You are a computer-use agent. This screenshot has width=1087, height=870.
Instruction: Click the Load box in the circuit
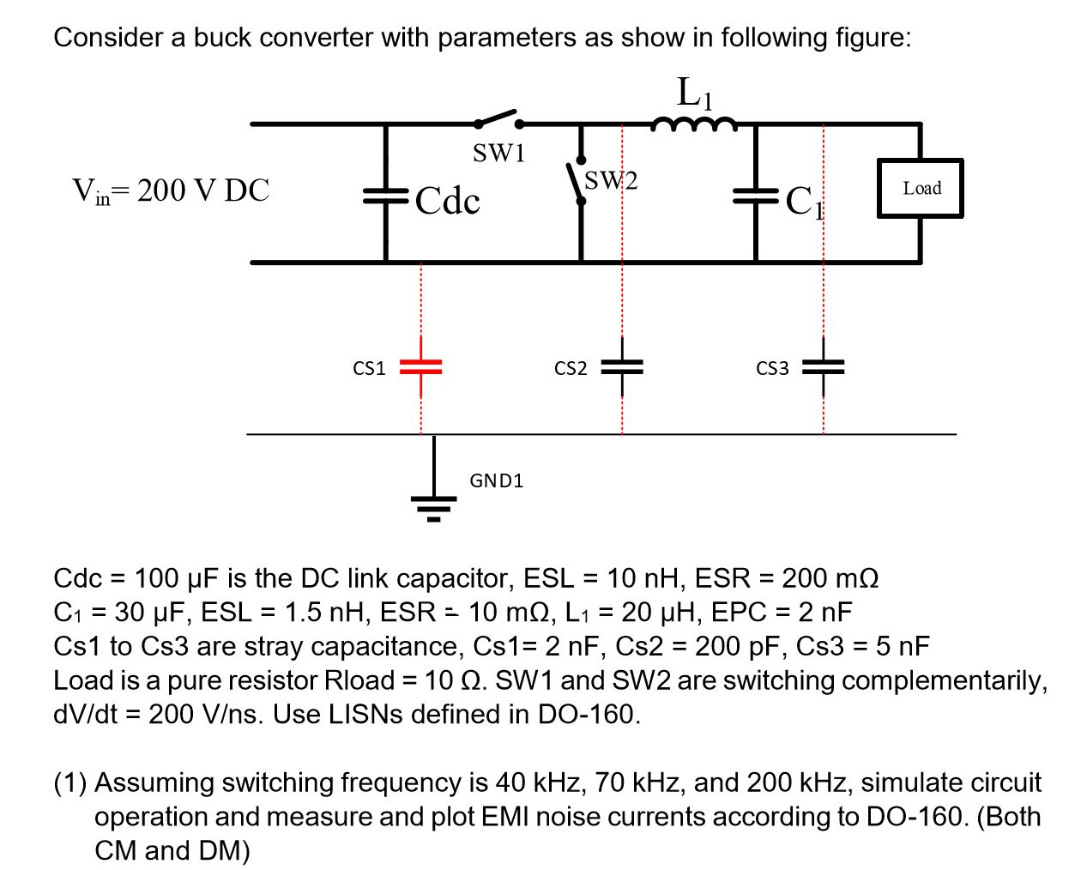point(920,188)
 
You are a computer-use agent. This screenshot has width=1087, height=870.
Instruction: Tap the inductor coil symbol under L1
point(693,126)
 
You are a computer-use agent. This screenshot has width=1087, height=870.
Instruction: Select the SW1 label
point(498,154)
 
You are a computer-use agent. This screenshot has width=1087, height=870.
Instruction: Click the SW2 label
point(611,181)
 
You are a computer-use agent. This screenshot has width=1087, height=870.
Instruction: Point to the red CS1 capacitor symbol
point(420,366)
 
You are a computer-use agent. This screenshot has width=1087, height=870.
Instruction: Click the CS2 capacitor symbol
point(622,367)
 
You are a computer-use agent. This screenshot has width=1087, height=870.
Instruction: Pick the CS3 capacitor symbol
point(823,367)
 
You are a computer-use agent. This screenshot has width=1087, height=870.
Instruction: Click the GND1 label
point(496,480)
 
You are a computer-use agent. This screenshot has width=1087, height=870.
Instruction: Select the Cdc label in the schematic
point(448,201)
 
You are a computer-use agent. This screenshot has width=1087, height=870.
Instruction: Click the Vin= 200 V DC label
point(171,190)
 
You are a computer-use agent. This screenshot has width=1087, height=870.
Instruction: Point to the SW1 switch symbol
point(497,119)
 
